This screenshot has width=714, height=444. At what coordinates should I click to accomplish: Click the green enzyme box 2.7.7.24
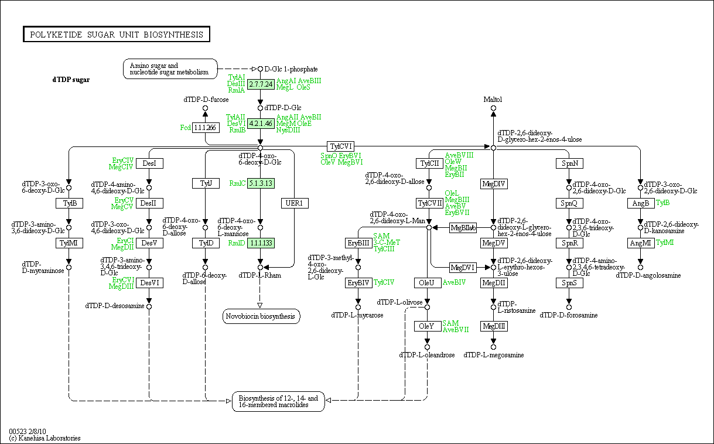click(261, 84)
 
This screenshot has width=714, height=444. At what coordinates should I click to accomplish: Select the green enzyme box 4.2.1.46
click(261, 124)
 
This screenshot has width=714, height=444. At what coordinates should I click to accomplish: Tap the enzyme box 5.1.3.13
click(261, 183)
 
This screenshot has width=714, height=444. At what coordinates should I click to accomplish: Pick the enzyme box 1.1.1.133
click(261, 243)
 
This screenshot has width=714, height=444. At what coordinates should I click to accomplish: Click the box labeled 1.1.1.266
click(206, 128)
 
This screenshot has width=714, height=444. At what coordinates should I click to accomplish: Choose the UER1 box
click(295, 203)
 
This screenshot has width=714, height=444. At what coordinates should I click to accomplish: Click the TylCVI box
click(340, 146)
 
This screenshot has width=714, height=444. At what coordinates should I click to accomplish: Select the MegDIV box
click(493, 184)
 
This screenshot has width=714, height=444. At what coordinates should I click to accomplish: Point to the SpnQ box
click(569, 203)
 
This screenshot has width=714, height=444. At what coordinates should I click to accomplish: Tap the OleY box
click(428, 326)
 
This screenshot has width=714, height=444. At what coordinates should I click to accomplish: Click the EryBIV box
click(358, 283)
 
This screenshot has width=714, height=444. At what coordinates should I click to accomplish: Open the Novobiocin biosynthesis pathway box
click(262, 317)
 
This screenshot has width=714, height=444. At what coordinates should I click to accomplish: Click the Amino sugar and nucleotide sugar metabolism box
click(170, 69)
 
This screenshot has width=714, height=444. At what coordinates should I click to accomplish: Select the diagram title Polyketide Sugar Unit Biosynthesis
click(116, 35)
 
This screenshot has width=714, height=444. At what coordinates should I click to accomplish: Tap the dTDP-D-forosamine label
click(569, 315)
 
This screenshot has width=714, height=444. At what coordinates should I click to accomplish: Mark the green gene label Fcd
click(186, 128)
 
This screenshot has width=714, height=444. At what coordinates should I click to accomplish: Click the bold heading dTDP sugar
click(71, 80)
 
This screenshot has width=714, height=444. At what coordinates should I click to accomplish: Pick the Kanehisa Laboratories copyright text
click(45, 438)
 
